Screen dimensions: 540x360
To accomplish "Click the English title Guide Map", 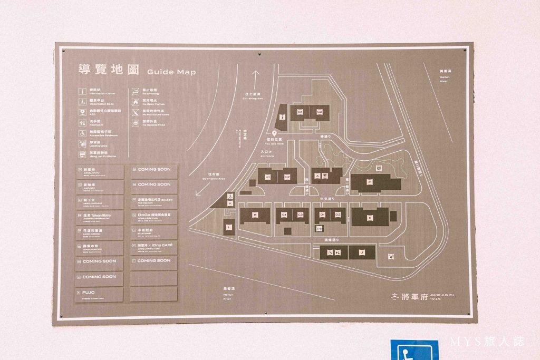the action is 171,72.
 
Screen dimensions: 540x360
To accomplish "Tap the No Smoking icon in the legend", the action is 136,91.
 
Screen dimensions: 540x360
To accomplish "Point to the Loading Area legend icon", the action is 82,143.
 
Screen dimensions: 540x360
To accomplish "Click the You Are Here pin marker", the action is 274,134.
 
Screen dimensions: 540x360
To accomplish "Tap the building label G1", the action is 300,112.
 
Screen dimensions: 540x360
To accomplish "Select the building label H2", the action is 287,177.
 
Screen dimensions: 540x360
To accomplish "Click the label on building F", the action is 370,182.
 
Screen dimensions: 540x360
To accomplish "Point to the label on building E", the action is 370,217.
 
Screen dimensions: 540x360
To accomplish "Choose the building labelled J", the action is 362,253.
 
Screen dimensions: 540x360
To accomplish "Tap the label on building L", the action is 228,227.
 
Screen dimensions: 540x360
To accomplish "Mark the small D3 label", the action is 319,229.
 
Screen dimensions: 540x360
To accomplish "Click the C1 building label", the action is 284,215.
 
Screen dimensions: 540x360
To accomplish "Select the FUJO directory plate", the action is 99,293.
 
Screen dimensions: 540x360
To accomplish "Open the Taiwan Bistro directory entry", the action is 99,217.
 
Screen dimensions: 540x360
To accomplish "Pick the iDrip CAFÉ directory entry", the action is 153,247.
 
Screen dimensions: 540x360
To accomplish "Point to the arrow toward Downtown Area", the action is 199,190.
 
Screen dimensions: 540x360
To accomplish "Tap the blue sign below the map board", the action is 414,350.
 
